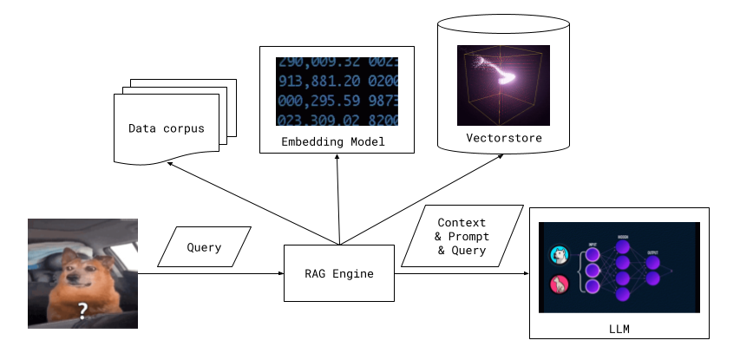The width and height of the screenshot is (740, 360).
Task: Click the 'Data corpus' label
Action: [x=167, y=128]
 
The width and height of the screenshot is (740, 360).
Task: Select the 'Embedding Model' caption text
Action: [x=332, y=141]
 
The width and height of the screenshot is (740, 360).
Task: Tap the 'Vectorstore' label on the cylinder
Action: [x=503, y=138]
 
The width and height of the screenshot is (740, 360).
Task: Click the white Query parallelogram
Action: [x=204, y=247]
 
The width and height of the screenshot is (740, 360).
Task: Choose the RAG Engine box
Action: [x=338, y=273]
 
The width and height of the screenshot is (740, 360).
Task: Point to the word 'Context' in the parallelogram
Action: [x=462, y=223]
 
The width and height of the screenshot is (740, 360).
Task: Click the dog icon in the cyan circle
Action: [x=559, y=255]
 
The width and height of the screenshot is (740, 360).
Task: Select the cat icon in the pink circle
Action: [x=559, y=284]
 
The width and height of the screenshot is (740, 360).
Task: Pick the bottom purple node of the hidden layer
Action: [x=622, y=294]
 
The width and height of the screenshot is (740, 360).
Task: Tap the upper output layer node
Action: [x=652, y=262]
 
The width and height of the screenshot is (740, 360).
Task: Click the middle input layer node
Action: [x=593, y=271]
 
